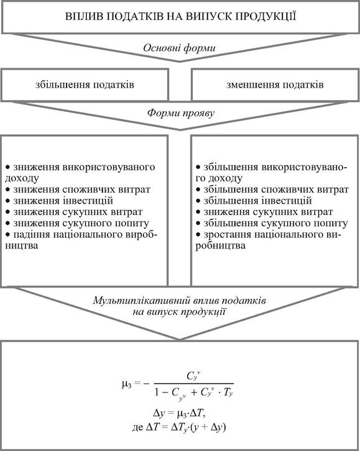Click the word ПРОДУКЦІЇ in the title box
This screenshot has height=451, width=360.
click(x=265, y=16)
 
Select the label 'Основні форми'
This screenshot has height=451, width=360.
click(x=179, y=48)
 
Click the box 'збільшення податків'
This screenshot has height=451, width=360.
click(x=85, y=85)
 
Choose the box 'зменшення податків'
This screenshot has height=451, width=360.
click(x=275, y=85)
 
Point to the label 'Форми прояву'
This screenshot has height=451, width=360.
click(x=181, y=113)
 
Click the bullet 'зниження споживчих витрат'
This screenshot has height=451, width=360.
click(x=78, y=189)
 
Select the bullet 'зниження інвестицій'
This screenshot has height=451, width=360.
click(x=59, y=201)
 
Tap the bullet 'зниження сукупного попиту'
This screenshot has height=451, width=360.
click(x=77, y=223)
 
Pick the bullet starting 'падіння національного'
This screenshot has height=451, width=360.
click(x=81, y=240)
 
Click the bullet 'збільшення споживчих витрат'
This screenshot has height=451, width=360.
click(x=272, y=189)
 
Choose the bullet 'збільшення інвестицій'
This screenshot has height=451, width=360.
click(x=254, y=201)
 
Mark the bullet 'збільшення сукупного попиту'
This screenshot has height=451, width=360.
click(x=272, y=223)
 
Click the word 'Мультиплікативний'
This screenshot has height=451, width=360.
click(x=141, y=301)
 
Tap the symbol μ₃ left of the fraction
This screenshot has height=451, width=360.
click(x=127, y=384)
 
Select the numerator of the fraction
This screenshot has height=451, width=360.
click(x=193, y=376)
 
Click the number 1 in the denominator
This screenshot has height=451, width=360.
click(x=157, y=392)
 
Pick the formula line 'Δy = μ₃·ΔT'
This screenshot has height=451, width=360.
click(x=180, y=414)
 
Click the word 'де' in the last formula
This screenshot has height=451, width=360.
click(x=137, y=427)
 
